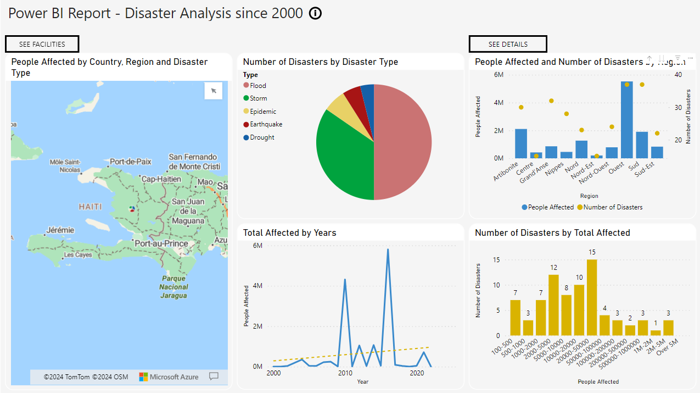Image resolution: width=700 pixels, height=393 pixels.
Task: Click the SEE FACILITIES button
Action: coord(42,44)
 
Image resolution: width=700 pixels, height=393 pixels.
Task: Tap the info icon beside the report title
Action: coord(315,14)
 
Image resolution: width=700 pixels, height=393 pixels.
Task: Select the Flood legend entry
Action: coord(257,85)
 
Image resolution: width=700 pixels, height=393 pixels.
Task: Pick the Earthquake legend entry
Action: coord(266,124)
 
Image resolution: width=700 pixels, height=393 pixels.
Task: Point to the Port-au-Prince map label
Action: coord(161,243)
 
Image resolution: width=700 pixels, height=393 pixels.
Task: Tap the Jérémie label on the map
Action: coord(60,230)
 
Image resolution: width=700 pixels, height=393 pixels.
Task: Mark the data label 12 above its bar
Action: coord(553,268)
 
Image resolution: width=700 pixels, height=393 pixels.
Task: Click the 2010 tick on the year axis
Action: coord(345,373)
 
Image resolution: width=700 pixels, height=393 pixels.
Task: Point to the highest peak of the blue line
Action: coord(388,250)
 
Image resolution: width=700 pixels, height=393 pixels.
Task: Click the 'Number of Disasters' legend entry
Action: coord(613,207)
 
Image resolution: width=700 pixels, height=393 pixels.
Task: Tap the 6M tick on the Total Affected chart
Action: coord(257,246)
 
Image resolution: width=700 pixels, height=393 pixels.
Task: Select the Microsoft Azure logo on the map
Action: coord(169,377)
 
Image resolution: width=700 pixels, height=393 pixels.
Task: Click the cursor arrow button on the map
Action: coord(214,91)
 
